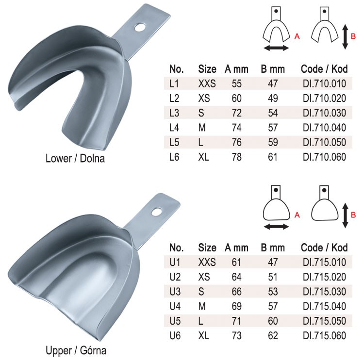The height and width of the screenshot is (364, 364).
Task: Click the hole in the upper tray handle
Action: (x=156, y=212)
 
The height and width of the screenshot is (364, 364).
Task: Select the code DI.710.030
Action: (x=324, y=113)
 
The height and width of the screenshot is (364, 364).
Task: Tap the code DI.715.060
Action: (x=324, y=335)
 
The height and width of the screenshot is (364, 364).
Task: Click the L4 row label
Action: (x=174, y=128)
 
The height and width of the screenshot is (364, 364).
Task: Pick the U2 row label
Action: (x=175, y=277)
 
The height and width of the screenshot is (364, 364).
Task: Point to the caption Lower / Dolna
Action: (x=75, y=159)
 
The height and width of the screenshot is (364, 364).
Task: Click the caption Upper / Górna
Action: (x=76, y=350)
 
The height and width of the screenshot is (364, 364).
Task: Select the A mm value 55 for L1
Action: (x=236, y=83)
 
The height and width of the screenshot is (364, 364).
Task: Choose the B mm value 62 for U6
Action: (x=273, y=335)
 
